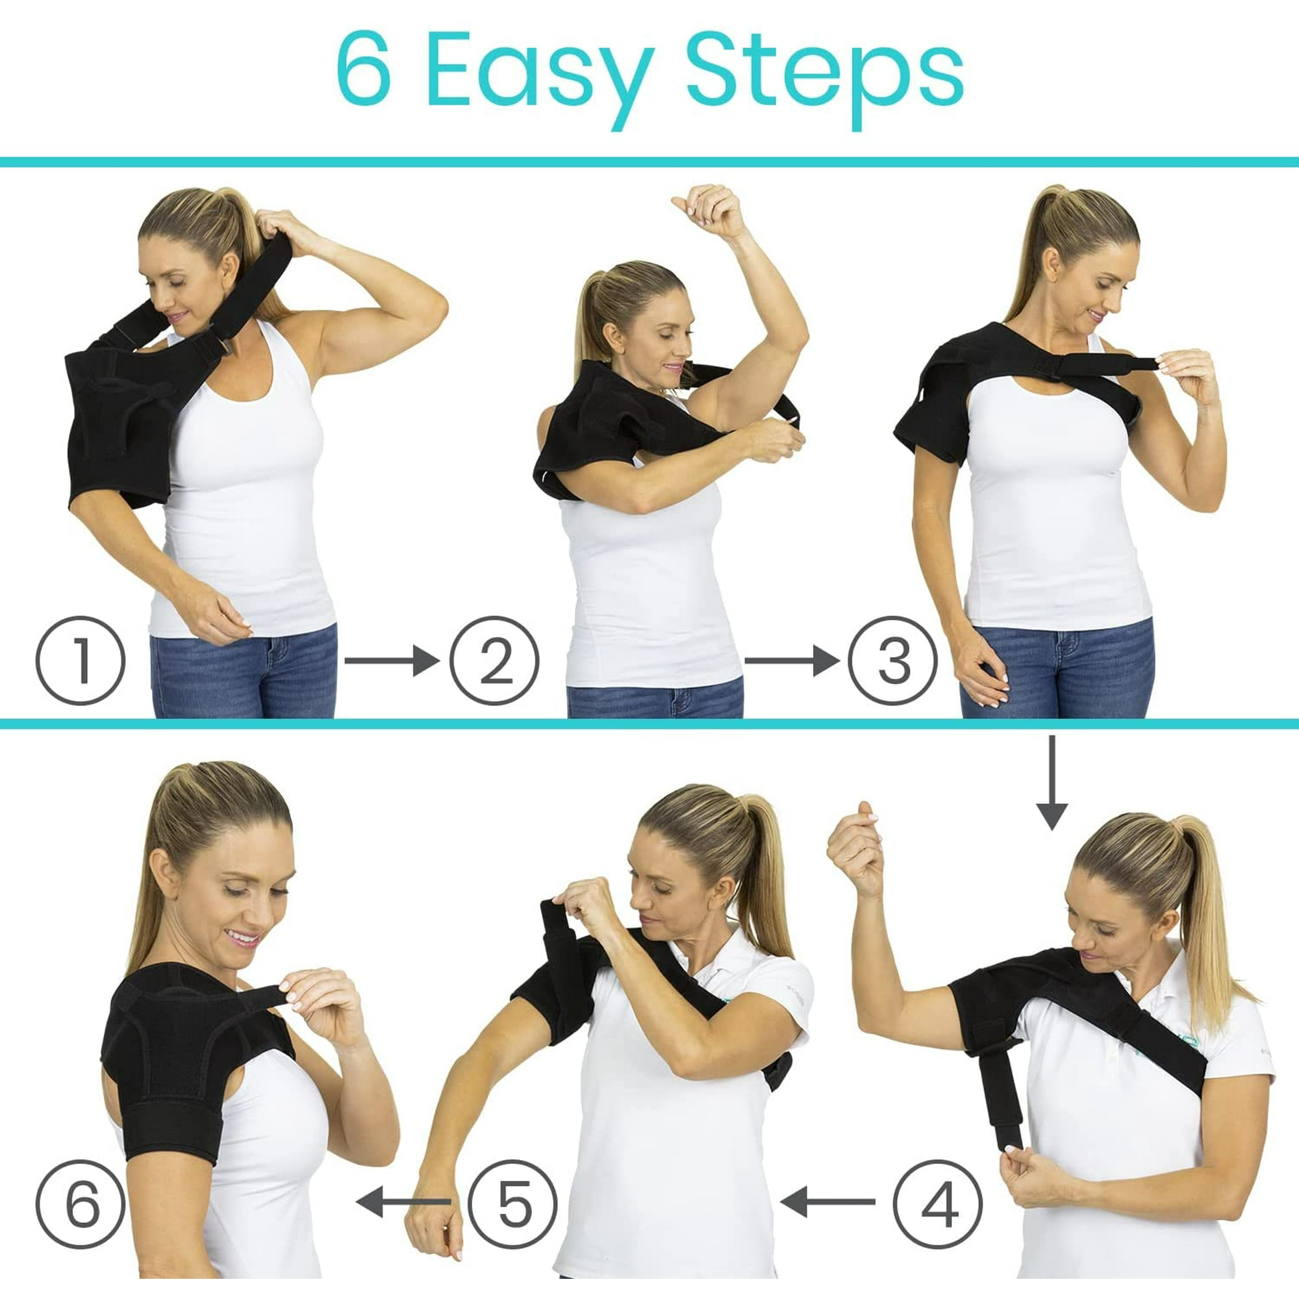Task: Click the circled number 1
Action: point(81,661)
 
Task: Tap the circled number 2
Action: point(494,661)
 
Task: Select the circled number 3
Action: point(892,661)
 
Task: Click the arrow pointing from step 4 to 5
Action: point(827,1201)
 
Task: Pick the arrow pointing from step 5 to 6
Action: point(403,1201)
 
